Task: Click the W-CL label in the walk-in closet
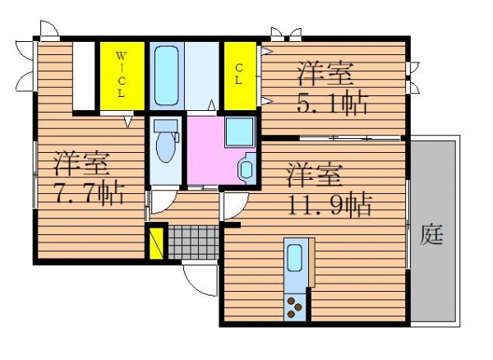[x=122, y=74]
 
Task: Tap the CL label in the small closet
[x=238, y=74]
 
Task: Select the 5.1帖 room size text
[x=332, y=103]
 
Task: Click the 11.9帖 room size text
[x=329, y=205]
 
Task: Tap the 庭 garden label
[x=432, y=235]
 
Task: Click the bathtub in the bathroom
[x=166, y=76]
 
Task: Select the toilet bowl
[x=165, y=141]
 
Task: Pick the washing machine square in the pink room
[x=240, y=132]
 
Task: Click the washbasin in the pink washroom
[x=246, y=168]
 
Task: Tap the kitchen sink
[x=295, y=257]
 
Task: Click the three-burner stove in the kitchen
[x=295, y=307]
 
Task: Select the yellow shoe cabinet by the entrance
[x=156, y=243]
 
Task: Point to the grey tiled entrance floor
[x=193, y=242]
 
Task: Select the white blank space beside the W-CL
[x=84, y=76]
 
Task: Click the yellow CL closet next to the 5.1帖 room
[x=240, y=76]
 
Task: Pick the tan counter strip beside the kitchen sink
[x=311, y=262]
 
